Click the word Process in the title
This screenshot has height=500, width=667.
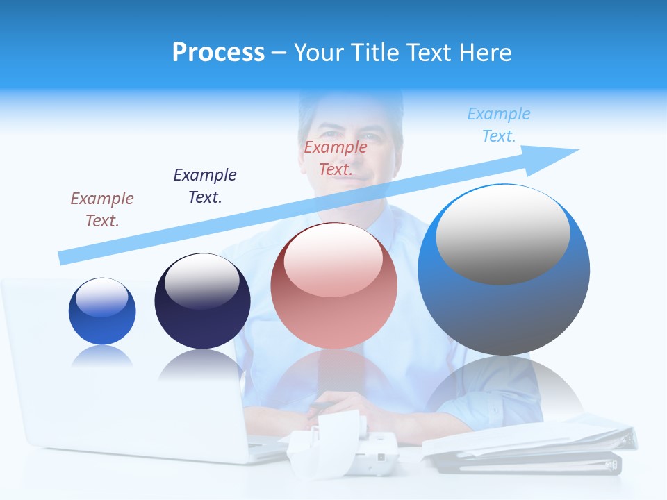click(x=218, y=53)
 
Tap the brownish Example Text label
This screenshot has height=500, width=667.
click(x=102, y=209)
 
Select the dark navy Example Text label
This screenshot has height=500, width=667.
click(x=205, y=185)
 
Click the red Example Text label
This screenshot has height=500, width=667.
click(x=336, y=158)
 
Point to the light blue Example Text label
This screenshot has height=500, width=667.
click(x=499, y=125)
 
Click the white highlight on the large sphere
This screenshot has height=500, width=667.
click(x=502, y=233)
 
